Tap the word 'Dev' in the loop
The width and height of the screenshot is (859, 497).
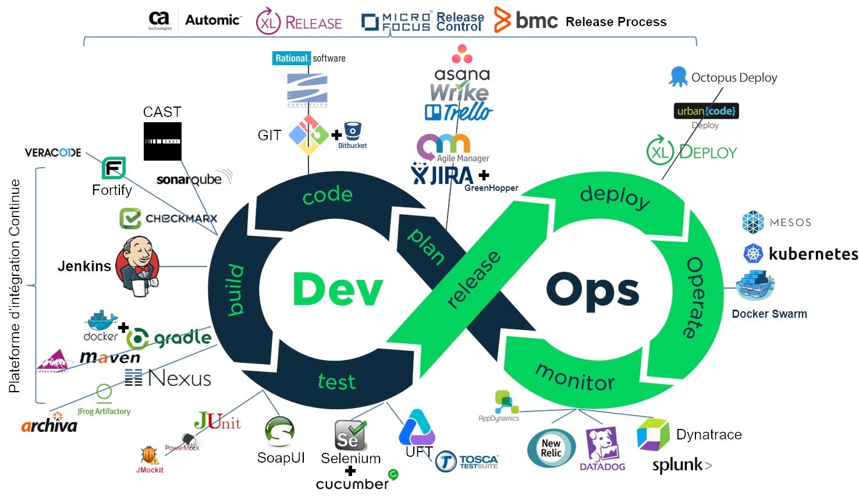[338, 289]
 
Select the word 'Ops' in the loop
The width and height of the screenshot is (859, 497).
[592, 289]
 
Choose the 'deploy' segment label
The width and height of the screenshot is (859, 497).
[615, 196]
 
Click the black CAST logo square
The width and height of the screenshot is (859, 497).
[162, 141]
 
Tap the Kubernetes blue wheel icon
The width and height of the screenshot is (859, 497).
[753, 254]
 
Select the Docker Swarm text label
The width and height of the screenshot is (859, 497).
[769, 314]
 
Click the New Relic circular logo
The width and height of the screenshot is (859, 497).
[551, 448]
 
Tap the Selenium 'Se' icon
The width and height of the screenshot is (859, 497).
[350, 435]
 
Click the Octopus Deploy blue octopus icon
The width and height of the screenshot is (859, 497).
[678, 76]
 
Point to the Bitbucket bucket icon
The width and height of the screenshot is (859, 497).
[353, 132]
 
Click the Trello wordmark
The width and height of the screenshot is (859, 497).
[459, 112]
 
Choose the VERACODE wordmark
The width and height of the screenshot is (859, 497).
[53, 152]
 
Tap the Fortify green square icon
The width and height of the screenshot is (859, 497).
[113, 168]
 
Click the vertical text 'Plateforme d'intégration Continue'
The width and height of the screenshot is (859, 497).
[15, 285]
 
